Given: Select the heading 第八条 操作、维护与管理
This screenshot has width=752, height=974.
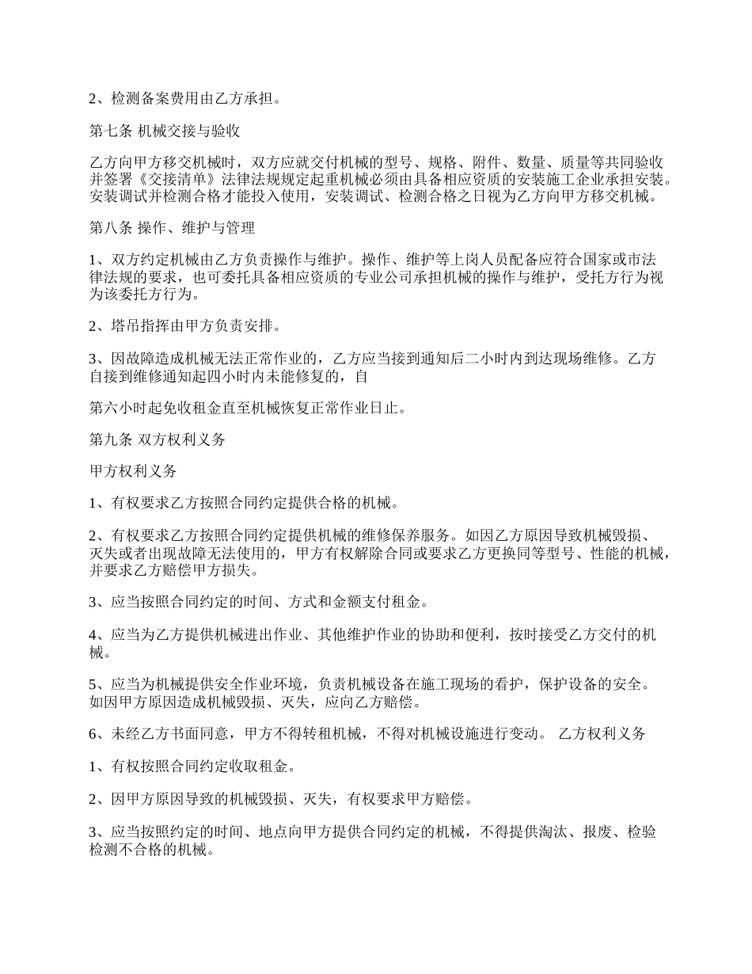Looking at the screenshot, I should (172, 229).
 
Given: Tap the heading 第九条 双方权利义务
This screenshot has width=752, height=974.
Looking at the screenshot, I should (157, 439).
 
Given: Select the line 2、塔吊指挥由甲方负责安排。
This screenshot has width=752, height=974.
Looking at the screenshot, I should (184, 326).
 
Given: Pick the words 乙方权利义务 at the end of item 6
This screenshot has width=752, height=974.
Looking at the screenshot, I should (602, 734).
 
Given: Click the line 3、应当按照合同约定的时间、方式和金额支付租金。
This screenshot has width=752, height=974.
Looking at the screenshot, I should (257, 602).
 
